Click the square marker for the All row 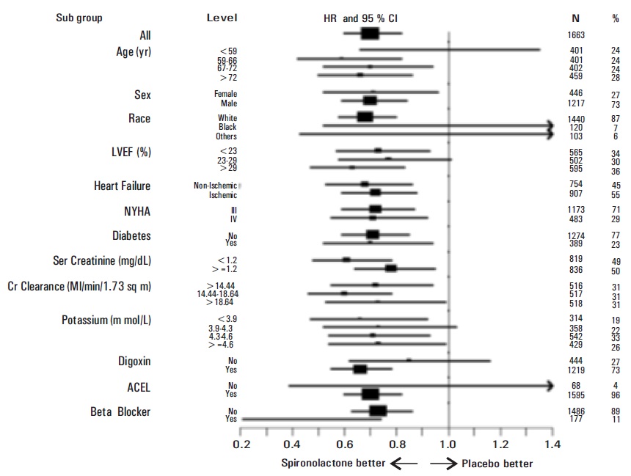coord(371,34)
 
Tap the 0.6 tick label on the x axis coord(345,444)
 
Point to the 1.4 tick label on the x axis coord(553,444)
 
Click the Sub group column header coord(79,18)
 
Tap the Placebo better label coord(496,464)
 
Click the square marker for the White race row coord(365,117)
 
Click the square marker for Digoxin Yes coord(360,369)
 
